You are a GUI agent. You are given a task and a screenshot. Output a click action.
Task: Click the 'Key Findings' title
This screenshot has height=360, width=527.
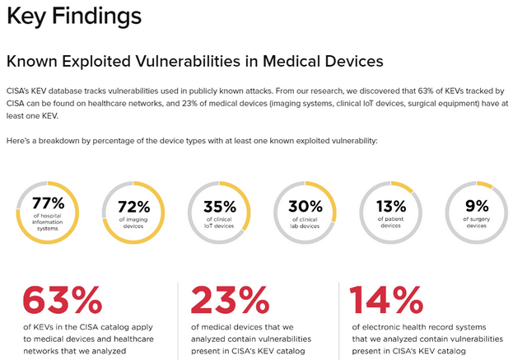tap(73, 16)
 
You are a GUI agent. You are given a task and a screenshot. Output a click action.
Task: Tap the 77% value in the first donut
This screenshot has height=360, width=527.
tap(48, 203)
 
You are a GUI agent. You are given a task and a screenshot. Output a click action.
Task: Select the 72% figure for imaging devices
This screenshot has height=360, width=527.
tap(133, 207)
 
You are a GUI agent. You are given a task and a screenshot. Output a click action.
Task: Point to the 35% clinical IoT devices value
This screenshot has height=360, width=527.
tap(219, 206)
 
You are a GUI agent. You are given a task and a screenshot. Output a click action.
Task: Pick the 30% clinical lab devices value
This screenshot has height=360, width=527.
tap(305, 206)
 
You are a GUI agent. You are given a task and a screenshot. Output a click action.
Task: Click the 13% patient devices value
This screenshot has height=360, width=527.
tap(390, 206)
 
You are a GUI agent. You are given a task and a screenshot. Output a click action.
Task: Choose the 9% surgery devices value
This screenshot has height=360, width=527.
tap(476, 206)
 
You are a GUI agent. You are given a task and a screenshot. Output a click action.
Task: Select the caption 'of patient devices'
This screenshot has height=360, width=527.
tap(390, 222)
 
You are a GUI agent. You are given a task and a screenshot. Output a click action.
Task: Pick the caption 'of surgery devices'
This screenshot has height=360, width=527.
tap(476, 222)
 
